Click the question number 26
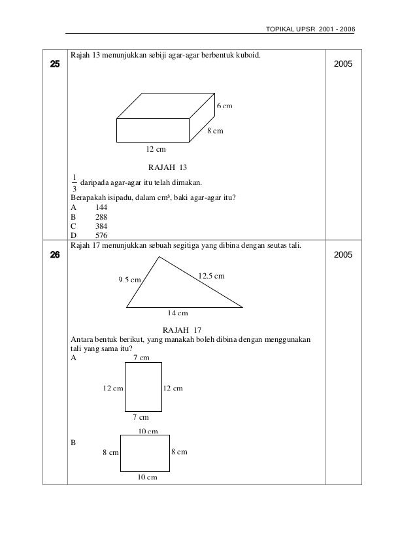pos(53,255)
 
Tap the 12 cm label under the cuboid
pos(156,150)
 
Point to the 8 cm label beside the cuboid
pos(215,131)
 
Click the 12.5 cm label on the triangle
pos(211,277)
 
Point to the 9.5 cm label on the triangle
pos(130,280)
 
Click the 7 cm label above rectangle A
pos(141,358)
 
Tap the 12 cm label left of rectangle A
pos(113,388)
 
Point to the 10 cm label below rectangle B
pos(147,477)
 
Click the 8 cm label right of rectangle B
pos(180,452)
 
